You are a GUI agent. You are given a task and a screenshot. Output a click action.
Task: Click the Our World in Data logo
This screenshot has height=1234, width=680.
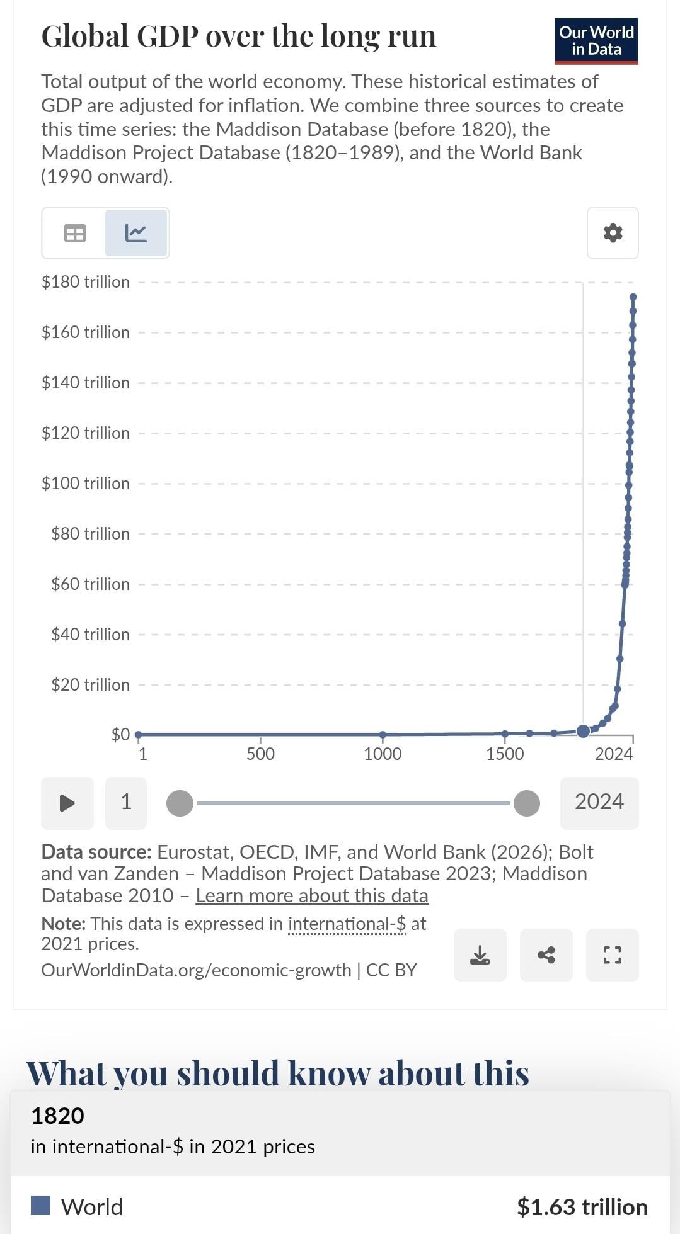pyautogui.click(x=596, y=41)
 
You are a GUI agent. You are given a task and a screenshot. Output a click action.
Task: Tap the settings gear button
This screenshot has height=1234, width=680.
pyautogui.click(x=613, y=233)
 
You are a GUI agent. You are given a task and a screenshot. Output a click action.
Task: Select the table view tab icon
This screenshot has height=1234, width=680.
pyautogui.click(x=75, y=233)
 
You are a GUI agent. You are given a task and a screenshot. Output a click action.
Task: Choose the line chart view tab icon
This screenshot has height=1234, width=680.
pyautogui.click(x=136, y=233)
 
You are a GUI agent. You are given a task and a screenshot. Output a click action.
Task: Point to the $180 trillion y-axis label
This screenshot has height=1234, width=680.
pyautogui.click(x=86, y=281)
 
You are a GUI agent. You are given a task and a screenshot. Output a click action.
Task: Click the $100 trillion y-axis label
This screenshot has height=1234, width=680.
pyautogui.click(x=86, y=483)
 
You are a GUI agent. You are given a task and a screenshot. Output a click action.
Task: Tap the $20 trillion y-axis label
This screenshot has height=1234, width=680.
pyautogui.click(x=91, y=684)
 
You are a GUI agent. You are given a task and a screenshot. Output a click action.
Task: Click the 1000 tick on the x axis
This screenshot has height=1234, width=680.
pyautogui.click(x=383, y=754)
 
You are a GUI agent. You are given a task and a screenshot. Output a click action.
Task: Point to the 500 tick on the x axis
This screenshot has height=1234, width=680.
pyautogui.click(x=260, y=754)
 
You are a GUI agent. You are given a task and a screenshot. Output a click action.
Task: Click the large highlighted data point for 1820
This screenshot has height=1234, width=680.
pyautogui.click(x=584, y=731)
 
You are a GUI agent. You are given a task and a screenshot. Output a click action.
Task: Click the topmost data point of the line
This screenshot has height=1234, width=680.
pyautogui.click(x=633, y=297)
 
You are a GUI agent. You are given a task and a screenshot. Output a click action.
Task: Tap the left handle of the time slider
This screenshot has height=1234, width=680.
pyautogui.click(x=180, y=803)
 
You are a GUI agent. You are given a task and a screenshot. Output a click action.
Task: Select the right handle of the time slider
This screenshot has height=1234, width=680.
pyautogui.click(x=527, y=803)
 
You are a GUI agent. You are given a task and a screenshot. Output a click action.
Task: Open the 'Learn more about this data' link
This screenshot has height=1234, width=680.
pyautogui.click(x=312, y=895)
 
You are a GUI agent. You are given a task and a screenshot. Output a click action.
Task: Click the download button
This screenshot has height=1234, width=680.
pyautogui.click(x=480, y=955)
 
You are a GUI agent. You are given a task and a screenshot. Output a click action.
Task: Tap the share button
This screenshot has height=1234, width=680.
pyautogui.click(x=546, y=955)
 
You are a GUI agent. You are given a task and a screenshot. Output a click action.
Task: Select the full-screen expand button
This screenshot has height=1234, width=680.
pyautogui.click(x=613, y=955)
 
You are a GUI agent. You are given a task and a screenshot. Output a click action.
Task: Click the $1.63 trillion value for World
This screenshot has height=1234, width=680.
pyautogui.click(x=582, y=1207)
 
